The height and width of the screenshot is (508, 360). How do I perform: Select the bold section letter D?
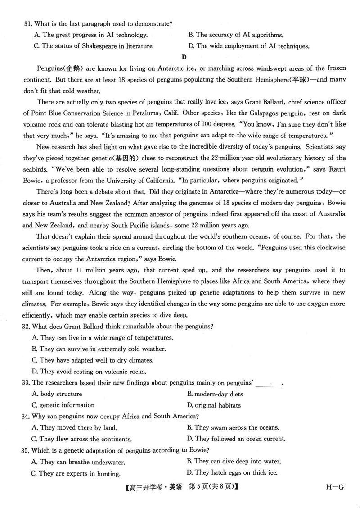tap(184, 57)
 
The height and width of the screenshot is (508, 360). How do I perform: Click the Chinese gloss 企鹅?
tap(72, 68)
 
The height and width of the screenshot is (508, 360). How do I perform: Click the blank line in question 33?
tap(269, 383)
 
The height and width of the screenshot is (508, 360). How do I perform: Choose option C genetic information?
tap(63, 405)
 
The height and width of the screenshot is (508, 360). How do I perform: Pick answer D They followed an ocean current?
tap(236, 439)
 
